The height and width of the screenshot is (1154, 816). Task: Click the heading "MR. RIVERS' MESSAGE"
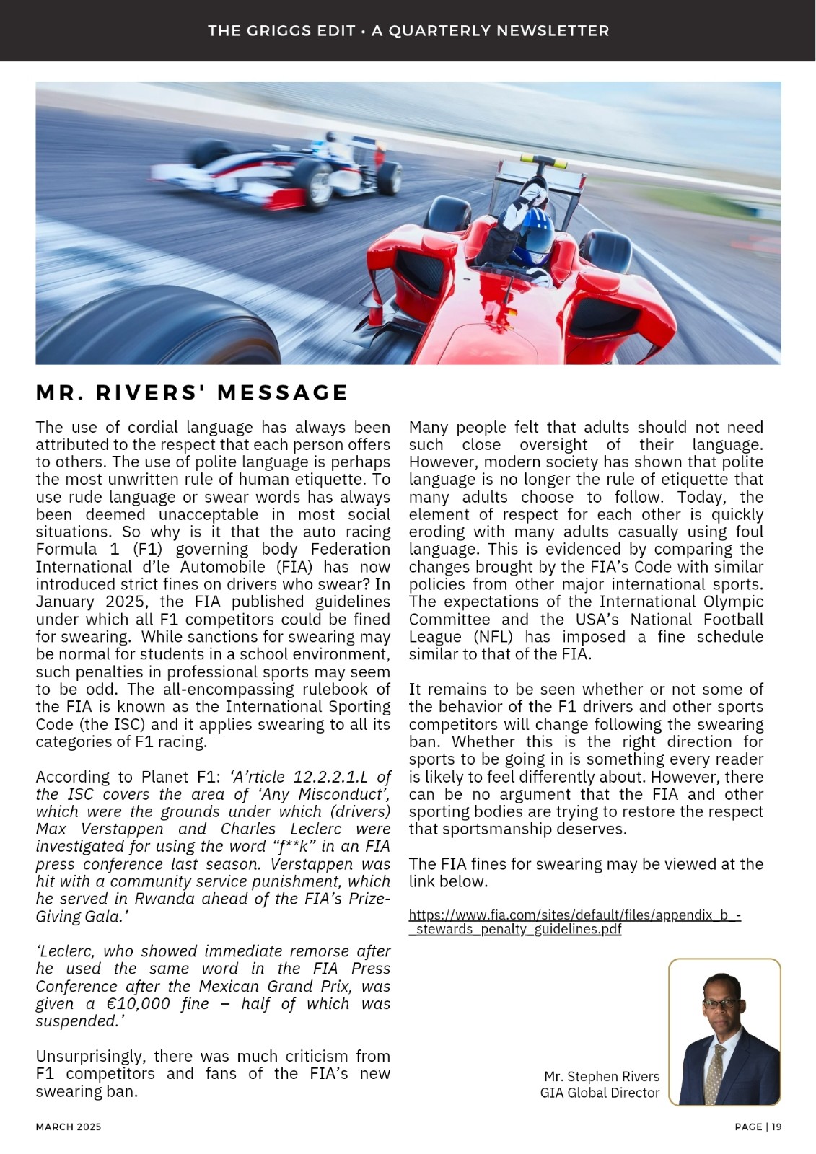coord(192,392)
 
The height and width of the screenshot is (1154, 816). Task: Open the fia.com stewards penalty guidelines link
coord(574,922)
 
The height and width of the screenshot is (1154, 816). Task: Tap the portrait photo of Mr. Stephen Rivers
coord(724,1032)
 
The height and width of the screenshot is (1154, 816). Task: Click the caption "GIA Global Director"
coord(600,1093)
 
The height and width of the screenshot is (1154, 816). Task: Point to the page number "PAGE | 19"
coord(758,1127)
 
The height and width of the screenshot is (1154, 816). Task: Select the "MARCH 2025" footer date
coord(69,1127)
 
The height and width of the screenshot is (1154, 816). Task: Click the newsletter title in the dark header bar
coord(408,31)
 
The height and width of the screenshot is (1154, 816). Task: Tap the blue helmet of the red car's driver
coord(535,235)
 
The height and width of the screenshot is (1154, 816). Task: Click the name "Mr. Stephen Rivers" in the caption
coord(602,1076)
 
